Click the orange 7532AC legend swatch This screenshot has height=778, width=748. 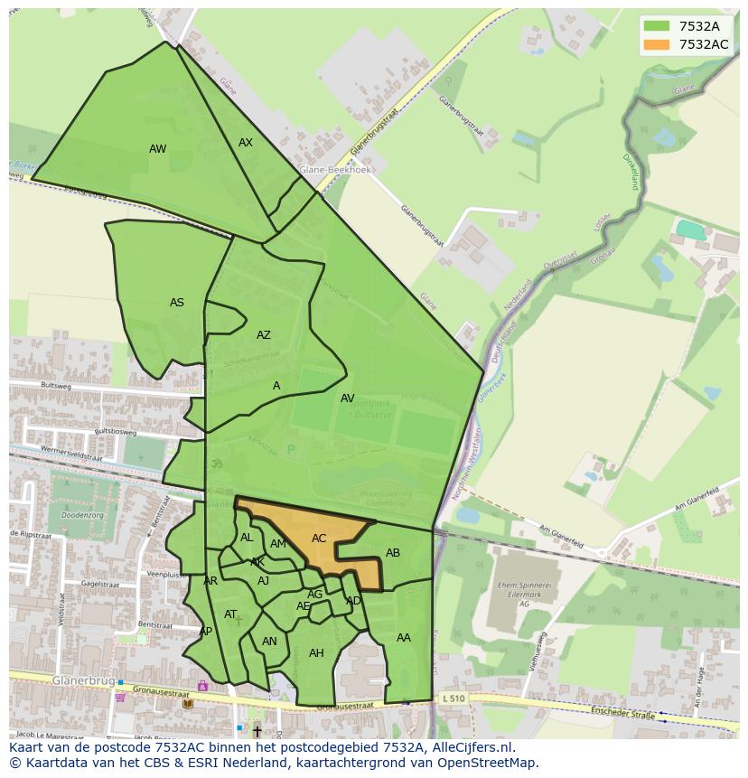coord(658,44)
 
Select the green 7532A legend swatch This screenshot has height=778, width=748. coord(658,26)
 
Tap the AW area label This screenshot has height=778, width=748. coord(158,149)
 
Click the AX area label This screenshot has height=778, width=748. coord(246,143)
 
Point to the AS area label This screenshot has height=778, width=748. coord(177,303)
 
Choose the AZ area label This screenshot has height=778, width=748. coord(264,335)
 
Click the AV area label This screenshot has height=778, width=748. coord(348,398)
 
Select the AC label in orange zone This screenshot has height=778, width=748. coord(319,539)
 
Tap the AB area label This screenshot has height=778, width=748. coord(393,553)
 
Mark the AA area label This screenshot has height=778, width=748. coord(404,638)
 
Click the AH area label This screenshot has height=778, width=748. coord(316,653)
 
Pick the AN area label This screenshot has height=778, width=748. coord(269,642)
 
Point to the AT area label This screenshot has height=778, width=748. coord(230,614)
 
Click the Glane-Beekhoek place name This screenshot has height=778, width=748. coord(336,169)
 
